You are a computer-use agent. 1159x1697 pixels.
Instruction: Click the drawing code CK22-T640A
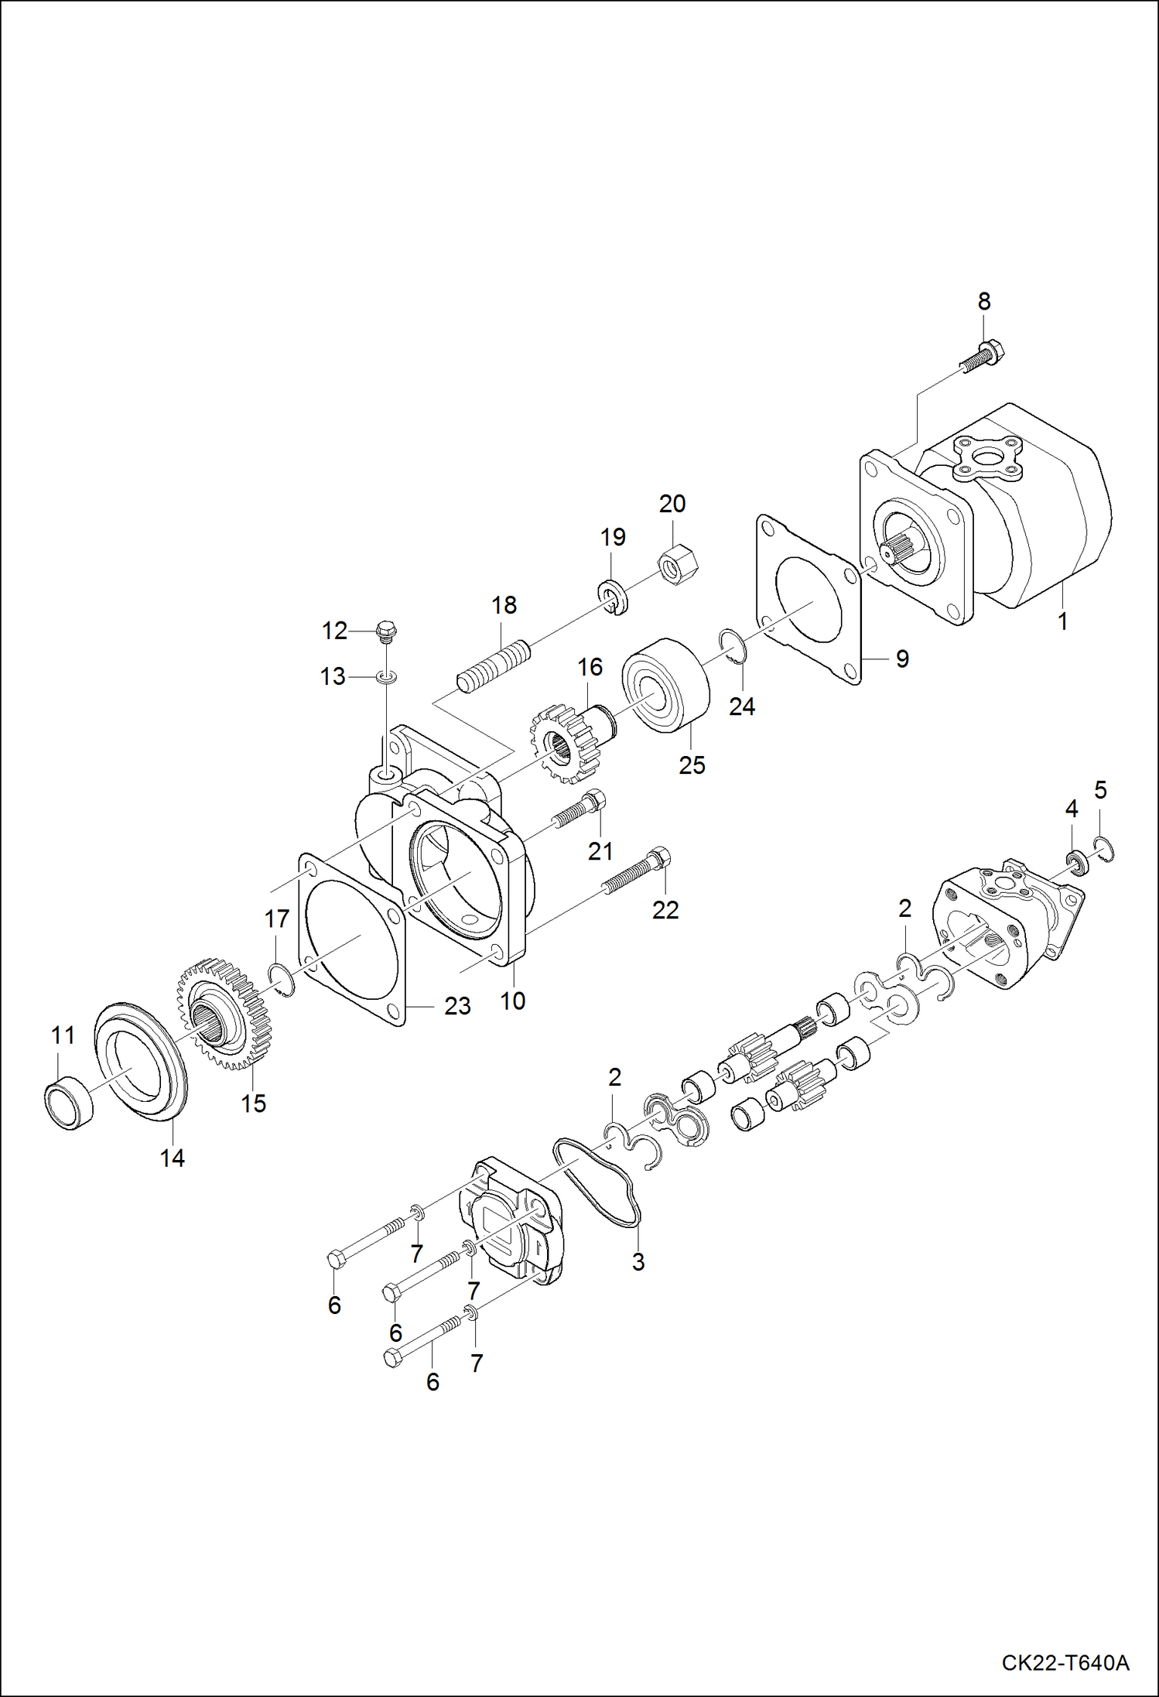(x=1065, y=1662)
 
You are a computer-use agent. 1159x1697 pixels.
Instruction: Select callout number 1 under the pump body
(x=1062, y=621)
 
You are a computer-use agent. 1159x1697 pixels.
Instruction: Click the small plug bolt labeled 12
(x=385, y=631)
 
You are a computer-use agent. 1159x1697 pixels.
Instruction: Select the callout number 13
(x=333, y=676)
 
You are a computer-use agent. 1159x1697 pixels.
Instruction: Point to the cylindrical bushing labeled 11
(x=69, y=1102)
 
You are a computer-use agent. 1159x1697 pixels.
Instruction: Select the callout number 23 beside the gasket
(x=457, y=1006)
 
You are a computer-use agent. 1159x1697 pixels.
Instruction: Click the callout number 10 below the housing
(x=512, y=1001)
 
